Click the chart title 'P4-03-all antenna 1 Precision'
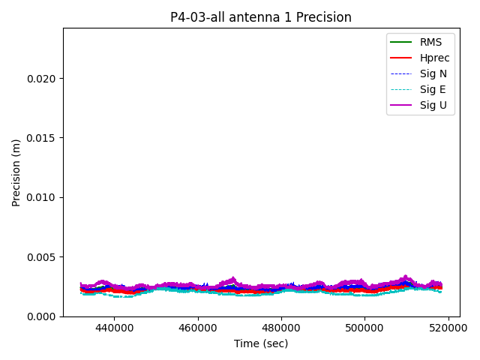pos(261,17)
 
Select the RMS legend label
pos(432,42)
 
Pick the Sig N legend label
pos(433,73)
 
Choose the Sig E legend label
pos(433,89)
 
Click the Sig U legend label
pos(433,105)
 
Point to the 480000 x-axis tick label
pos(281,328)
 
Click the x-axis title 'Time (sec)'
pos(261,343)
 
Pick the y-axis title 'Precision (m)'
pos(16,172)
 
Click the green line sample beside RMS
pos(401,42)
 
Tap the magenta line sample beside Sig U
pos(401,105)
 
